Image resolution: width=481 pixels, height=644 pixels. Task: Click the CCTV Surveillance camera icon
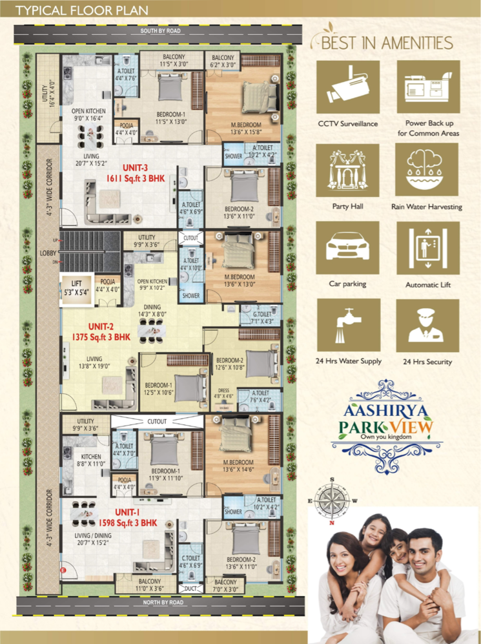coord(347,88)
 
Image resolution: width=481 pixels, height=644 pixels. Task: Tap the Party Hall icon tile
coord(347,170)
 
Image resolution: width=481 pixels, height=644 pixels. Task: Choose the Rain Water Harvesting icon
coord(427,170)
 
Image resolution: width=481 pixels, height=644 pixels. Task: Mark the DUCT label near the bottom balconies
coord(190,588)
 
